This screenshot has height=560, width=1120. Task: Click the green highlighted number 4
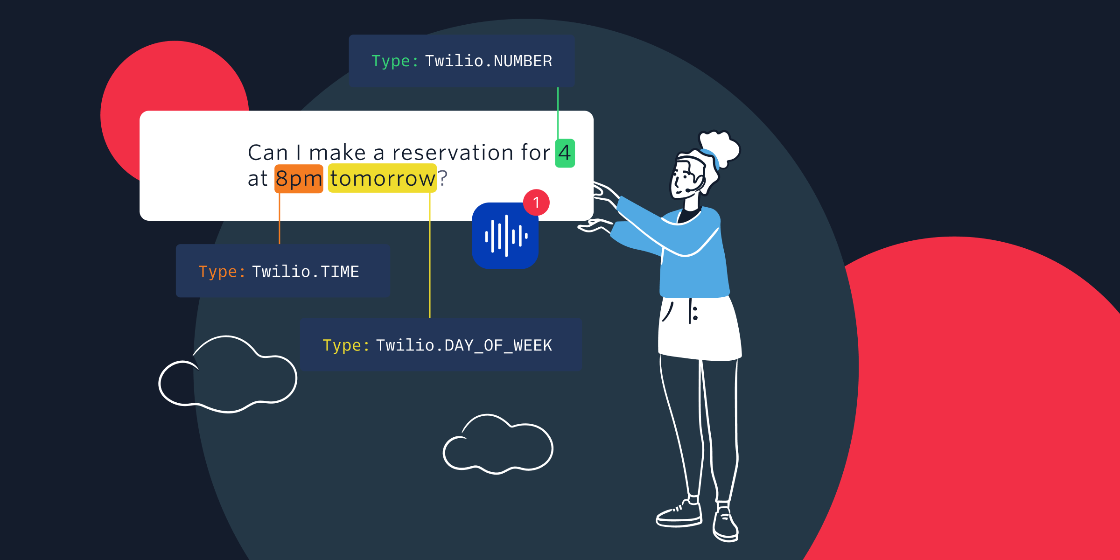click(565, 153)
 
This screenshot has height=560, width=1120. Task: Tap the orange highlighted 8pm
click(299, 179)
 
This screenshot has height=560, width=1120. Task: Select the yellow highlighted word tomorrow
click(382, 178)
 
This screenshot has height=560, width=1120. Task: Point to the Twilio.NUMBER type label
click(462, 61)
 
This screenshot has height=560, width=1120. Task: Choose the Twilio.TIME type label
click(283, 271)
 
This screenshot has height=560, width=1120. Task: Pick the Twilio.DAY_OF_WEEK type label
click(441, 345)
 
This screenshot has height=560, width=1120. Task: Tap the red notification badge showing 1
click(536, 203)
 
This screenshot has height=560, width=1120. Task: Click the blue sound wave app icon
click(505, 236)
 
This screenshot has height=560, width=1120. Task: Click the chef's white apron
click(699, 328)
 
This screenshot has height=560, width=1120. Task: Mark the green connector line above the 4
click(558, 113)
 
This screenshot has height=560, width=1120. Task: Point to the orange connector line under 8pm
click(280, 218)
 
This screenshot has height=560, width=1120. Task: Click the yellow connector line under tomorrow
click(430, 255)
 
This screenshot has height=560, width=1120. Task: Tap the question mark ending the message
click(442, 178)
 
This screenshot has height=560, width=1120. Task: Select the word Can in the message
click(268, 153)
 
